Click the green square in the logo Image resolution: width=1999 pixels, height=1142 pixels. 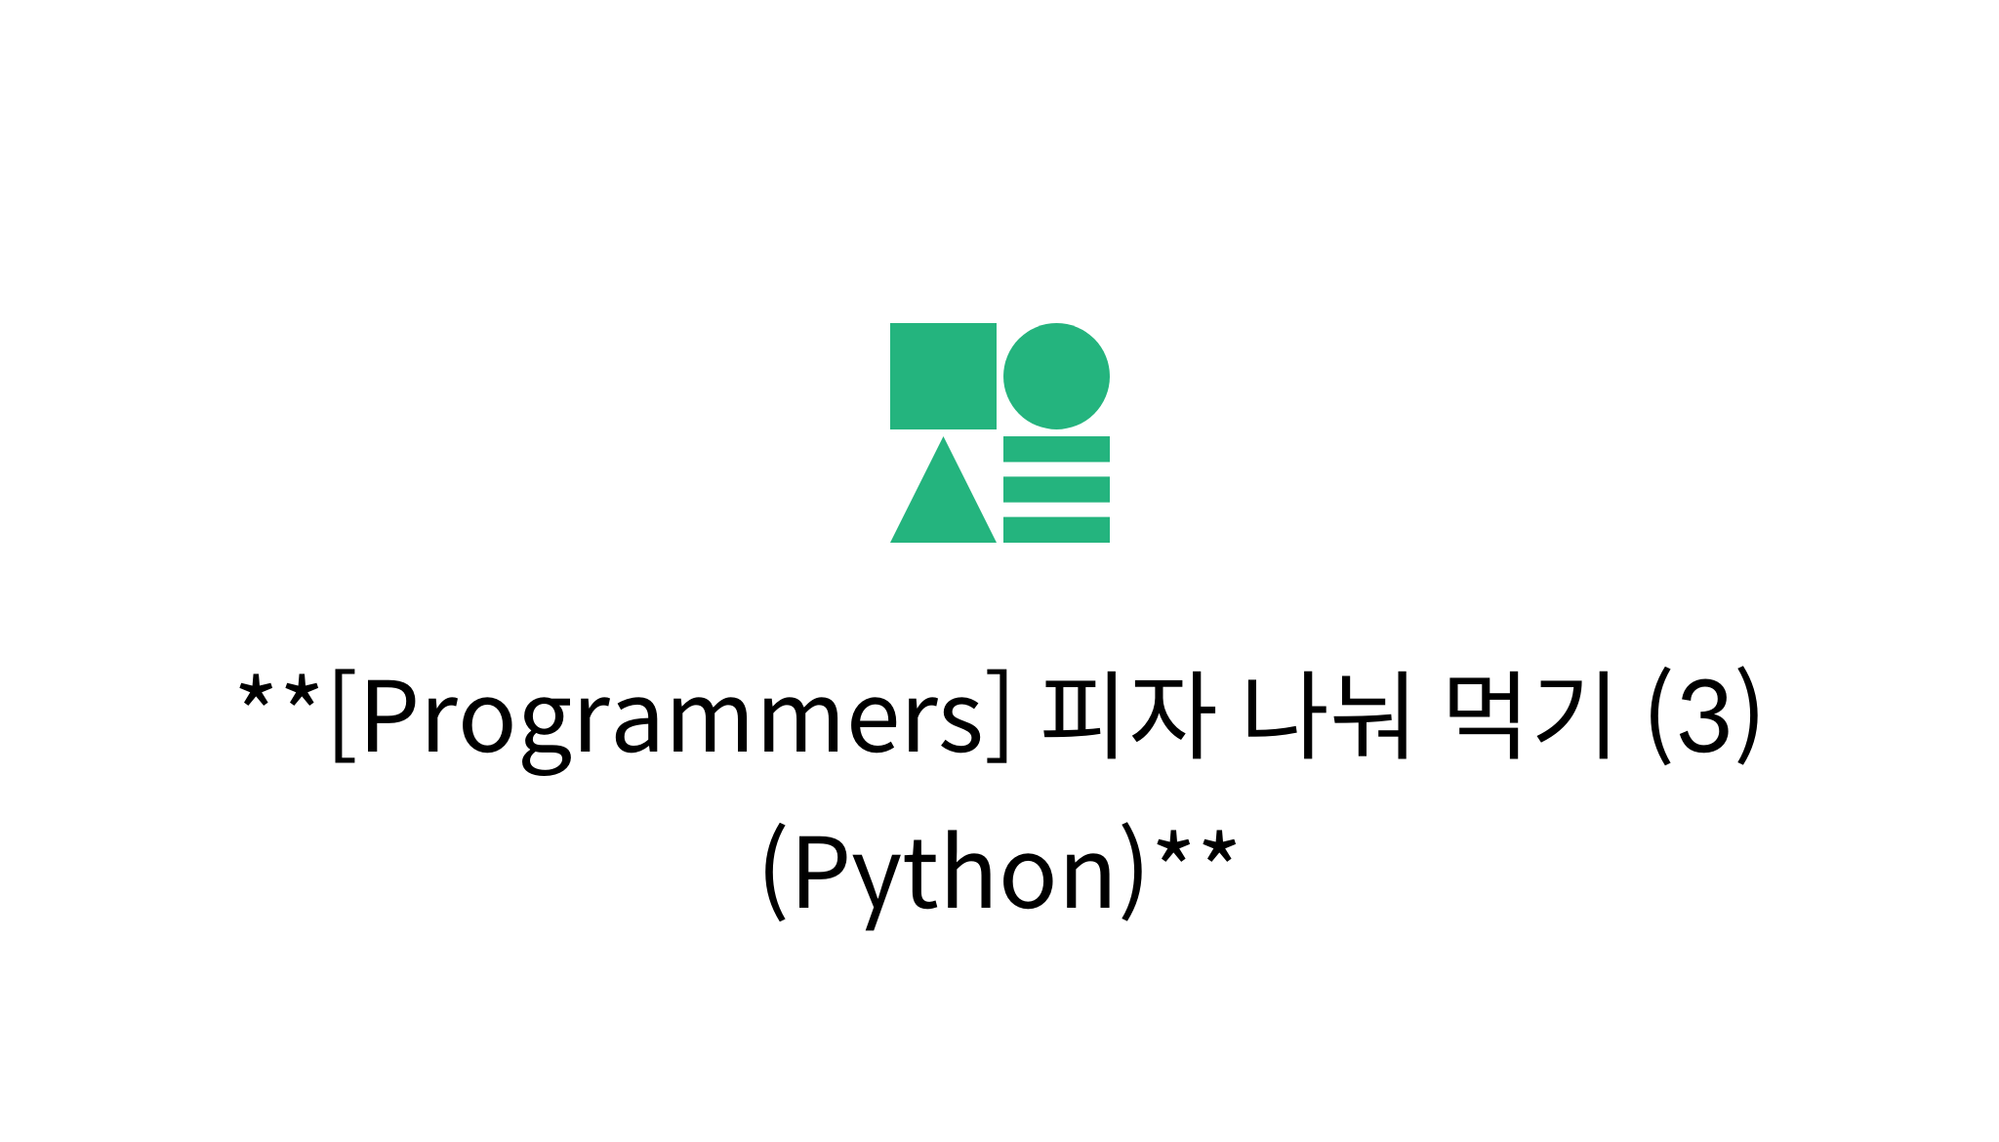(x=943, y=376)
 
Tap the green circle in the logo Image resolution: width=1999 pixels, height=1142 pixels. (x=1056, y=376)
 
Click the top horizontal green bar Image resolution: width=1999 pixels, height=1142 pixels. (x=1056, y=449)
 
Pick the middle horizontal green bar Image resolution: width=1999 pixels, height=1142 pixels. (x=1056, y=489)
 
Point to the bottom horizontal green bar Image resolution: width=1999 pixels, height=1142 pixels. (x=1056, y=529)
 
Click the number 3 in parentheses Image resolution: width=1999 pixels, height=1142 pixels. (x=1704, y=717)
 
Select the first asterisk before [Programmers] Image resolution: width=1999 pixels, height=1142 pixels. (x=255, y=692)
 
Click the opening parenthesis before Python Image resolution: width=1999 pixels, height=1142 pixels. (x=774, y=872)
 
